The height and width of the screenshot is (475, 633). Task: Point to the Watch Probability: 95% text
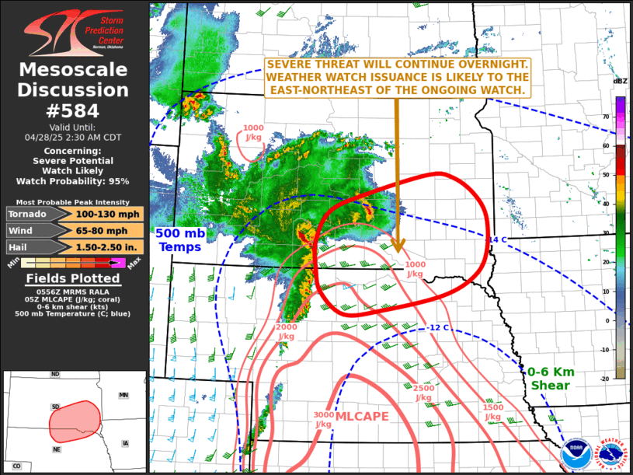coord(75,181)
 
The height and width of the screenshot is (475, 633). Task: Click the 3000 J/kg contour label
coord(324,419)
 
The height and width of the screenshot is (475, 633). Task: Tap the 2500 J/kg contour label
coord(423,393)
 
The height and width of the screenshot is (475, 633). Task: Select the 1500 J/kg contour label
coord(492,412)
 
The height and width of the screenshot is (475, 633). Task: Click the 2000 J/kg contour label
coord(286,332)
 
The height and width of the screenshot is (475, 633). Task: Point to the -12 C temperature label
coord(438,327)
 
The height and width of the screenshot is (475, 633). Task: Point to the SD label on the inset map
coord(55,407)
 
